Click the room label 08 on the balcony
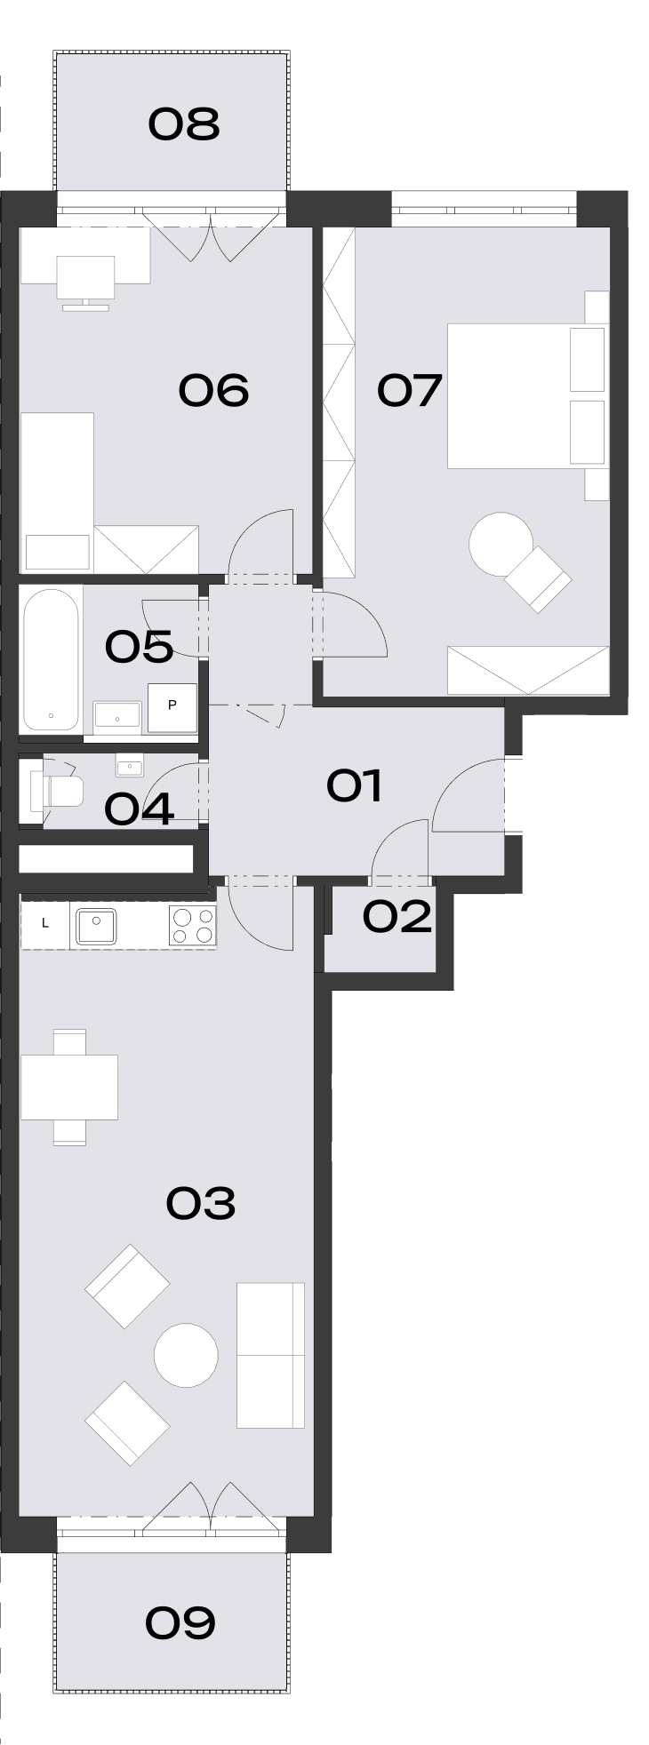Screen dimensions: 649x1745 point(183,124)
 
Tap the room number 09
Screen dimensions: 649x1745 point(180,1623)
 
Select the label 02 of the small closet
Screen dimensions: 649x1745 point(397,917)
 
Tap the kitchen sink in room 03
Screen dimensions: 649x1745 point(99,926)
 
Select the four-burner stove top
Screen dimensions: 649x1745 point(193,926)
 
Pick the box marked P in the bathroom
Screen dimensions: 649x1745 point(172,706)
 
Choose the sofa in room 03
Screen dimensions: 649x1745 point(271,1355)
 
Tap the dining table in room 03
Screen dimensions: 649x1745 point(69,1088)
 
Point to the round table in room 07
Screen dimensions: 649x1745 point(501,545)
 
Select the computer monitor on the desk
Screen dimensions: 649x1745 point(85,283)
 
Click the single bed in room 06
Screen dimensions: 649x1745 point(57,492)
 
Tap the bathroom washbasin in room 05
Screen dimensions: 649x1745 point(116,715)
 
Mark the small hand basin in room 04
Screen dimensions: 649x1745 point(130,765)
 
